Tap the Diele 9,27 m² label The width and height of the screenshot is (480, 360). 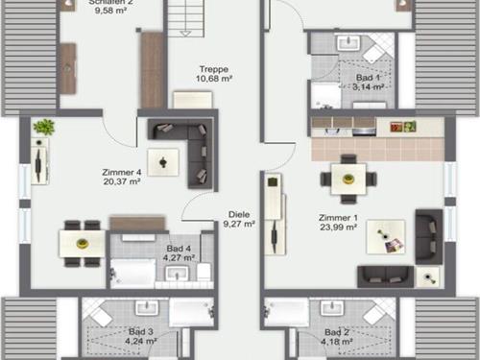239,219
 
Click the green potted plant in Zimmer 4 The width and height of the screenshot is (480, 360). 44,127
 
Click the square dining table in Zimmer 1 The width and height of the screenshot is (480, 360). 348,180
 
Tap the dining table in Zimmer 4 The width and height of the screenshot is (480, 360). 83,244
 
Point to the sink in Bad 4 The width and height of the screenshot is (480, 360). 177,274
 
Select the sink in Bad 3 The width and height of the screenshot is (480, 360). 147,308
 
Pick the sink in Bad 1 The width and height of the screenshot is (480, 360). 348,43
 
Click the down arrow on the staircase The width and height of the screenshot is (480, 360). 185,34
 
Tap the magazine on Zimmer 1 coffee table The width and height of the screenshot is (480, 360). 395,246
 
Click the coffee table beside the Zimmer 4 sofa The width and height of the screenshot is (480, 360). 163,162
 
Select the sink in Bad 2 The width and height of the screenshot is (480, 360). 332,308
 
